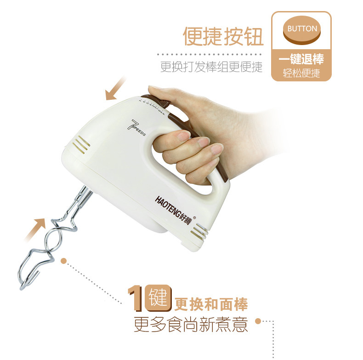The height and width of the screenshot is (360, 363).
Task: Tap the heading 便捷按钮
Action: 223,37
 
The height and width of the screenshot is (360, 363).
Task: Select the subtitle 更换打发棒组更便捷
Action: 211,67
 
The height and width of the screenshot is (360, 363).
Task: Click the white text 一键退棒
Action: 301,59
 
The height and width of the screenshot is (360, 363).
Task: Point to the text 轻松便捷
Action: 301,73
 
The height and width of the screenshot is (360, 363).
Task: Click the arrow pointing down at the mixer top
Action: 115,89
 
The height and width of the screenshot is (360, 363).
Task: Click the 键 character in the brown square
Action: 158,298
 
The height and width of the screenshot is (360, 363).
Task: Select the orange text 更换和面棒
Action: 211,305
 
